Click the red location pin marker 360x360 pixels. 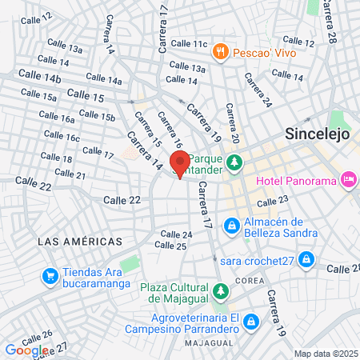coord(181,163)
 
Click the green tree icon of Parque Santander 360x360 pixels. coord(234,163)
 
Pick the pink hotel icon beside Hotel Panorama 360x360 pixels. coord(349,180)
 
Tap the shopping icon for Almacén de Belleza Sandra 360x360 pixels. coord(231,226)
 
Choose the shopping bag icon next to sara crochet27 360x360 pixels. coord(306,259)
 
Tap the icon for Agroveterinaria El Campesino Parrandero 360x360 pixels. coord(251,321)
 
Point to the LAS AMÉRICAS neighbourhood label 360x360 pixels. coord(80,241)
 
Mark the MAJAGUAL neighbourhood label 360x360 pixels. coord(209,342)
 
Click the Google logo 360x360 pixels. coord(26,350)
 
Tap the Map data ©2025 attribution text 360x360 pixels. coord(325,354)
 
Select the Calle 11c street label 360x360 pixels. coord(189,43)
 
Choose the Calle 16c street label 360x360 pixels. coord(62,138)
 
